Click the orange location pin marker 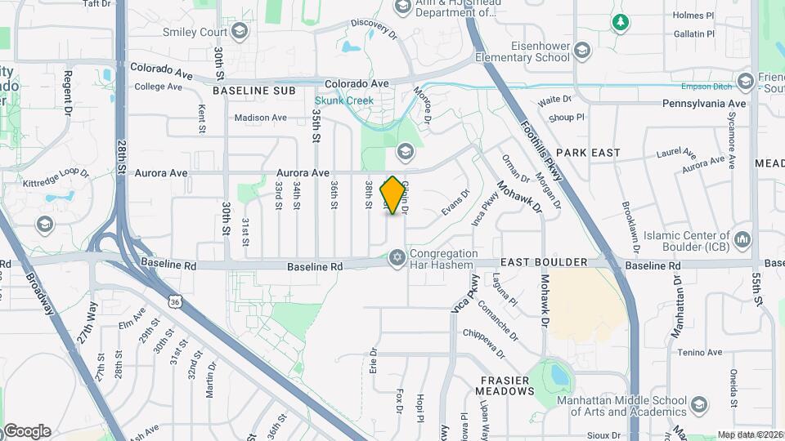pos(393,195)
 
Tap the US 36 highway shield pos(176,302)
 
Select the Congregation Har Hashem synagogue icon pos(397,258)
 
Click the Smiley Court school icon pos(239,32)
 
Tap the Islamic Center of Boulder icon pos(742,239)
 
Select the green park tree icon pos(621,22)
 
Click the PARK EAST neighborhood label pos(588,153)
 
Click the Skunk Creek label pos(344,101)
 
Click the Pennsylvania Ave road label pos(704,104)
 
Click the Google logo pos(27,430)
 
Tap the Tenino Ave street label pos(699,353)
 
